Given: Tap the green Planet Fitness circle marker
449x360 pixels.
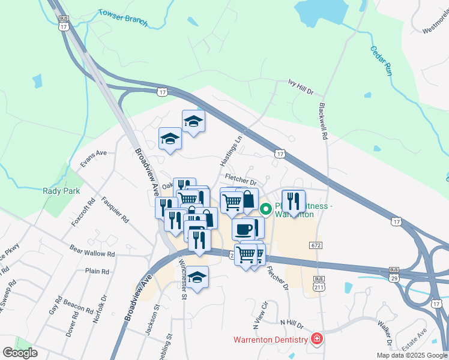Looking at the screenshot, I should pos(265,209).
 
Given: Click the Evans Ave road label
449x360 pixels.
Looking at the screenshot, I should pos(93,153).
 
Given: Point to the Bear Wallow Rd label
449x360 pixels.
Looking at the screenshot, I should pos(92,253).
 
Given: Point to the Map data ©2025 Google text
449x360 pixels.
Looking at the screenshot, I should pos(412,355).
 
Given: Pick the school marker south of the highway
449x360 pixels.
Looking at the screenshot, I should pos(197,277).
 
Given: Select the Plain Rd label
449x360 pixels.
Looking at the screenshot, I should pos(97,271).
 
